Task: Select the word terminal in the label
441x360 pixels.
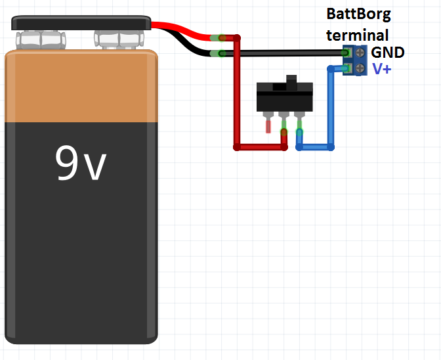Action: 358,35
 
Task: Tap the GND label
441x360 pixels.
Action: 387,53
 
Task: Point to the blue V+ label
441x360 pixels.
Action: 382,68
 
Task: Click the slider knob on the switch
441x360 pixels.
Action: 292,81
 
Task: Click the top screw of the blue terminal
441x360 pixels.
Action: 360,53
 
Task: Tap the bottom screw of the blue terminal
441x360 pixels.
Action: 360,68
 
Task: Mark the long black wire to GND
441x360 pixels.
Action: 289,53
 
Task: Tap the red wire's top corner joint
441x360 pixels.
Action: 237,38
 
